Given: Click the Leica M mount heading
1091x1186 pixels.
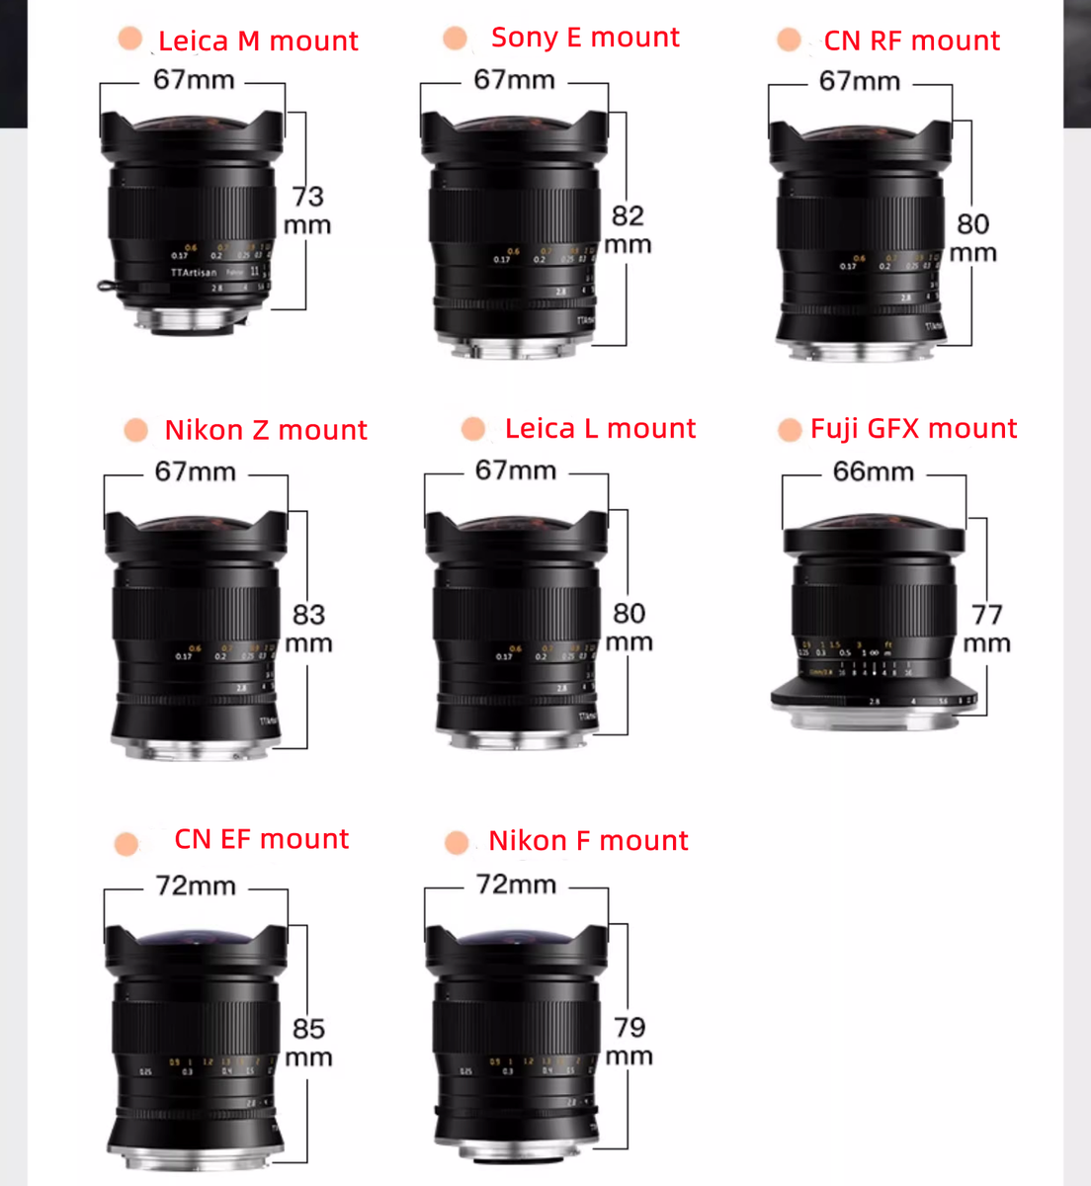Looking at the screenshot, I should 258,42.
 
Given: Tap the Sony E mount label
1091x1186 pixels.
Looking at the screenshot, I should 585,38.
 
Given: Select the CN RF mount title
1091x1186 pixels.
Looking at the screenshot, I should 911,42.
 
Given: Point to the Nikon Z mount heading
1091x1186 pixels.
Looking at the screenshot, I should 266,430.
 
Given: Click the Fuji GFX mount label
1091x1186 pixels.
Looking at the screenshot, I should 913,429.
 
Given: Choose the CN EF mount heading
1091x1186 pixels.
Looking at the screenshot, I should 261,839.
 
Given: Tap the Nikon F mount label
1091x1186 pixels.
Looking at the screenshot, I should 588,841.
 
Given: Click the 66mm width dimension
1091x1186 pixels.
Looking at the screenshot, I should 874,471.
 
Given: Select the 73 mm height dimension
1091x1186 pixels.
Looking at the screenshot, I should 307,211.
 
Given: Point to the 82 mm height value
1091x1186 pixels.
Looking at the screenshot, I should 628,229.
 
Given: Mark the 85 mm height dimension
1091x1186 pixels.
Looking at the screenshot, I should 308,1043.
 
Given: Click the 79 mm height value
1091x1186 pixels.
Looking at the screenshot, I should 629,1042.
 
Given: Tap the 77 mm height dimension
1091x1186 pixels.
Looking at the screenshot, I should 986,629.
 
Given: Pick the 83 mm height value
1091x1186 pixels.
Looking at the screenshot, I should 308,629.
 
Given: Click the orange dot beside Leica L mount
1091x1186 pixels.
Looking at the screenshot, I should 473,429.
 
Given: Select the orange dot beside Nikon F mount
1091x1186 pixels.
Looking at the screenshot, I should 457,842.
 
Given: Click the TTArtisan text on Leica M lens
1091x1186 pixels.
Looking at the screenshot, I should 193,272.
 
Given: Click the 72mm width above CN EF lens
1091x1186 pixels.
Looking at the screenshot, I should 196,886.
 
